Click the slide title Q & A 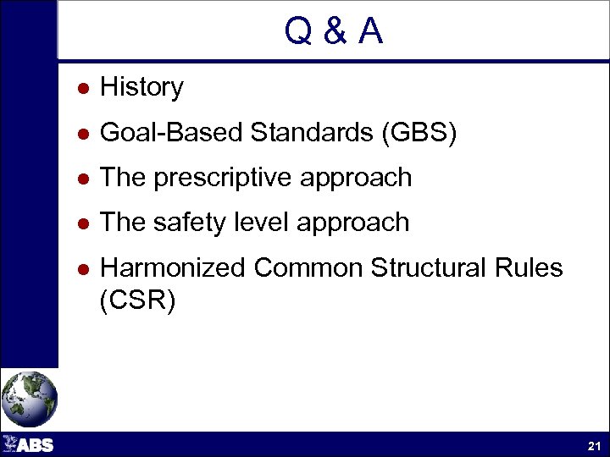334,32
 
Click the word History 141,87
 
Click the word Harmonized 173,268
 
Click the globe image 29,399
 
